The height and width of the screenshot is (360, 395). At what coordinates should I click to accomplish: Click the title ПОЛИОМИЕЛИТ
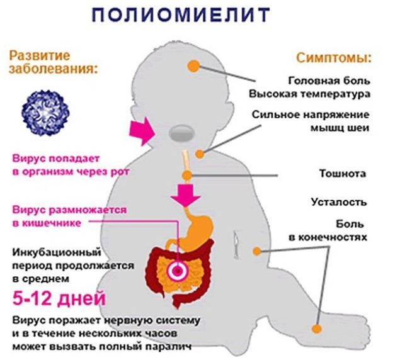(x=181, y=15)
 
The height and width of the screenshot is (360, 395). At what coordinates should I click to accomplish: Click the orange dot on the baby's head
(x=193, y=66)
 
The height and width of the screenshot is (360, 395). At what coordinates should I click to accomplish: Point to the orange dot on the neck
(x=200, y=154)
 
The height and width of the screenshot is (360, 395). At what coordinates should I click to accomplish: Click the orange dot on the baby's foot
(x=317, y=329)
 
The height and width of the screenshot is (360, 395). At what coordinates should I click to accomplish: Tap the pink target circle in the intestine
(x=178, y=271)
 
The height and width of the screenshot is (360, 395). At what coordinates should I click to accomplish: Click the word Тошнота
(x=343, y=174)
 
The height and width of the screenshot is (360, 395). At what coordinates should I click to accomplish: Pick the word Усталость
(x=338, y=202)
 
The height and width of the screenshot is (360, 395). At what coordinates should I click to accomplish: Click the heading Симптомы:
(x=333, y=58)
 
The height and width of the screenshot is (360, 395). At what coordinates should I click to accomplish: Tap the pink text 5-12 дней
(x=59, y=298)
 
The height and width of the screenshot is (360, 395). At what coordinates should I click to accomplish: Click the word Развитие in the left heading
(x=40, y=55)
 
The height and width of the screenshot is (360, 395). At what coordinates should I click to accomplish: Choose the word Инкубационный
(x=57, y=252)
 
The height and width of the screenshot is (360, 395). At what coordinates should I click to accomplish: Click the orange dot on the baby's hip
(x=256, y=251)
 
